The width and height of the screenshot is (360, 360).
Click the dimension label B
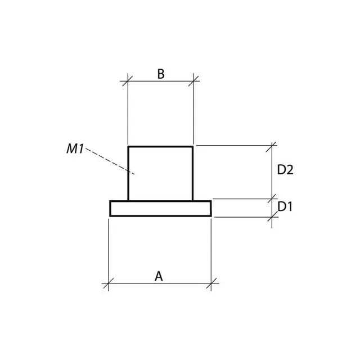pyautogui.click(x=160, y=74)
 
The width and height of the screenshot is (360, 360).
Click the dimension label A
pyautogui.click(x=159, y=276)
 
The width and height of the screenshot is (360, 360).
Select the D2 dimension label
pyautogui.click(x=286, y=170)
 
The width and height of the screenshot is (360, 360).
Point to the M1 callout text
pyautogui.click(x=75, y=149)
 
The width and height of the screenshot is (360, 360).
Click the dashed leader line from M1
pyautogui.click(x=110, y=163)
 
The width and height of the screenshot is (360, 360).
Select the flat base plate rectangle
pyautogui.click(x=161, y=209)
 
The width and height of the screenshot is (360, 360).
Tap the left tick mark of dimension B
pyautogui.click(x=128, y=80)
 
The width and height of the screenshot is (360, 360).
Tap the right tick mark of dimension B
pyautogui.click(x=193, y=80)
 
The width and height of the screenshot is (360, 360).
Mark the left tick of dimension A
pyautogui.click(x=108, y=283)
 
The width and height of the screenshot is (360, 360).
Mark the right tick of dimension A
pyautogui.click(x=211, y=283)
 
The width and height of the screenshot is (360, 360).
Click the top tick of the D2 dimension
pyautogui.click(x=272, y=146)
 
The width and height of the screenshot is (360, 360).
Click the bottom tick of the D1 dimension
pyautogui.click(x=272, y=217)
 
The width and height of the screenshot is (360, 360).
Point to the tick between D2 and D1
pyautogui.click(x=272, y=199)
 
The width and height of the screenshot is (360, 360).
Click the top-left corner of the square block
pyautogui.click(x=129, y=147)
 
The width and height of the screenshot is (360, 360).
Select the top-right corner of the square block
pyautogui.click(x=193, y=147)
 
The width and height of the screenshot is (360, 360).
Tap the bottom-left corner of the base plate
pyautogui.click(x=110, y=215)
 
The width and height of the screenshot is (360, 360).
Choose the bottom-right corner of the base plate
pyautogui.click(x=211, y=215)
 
